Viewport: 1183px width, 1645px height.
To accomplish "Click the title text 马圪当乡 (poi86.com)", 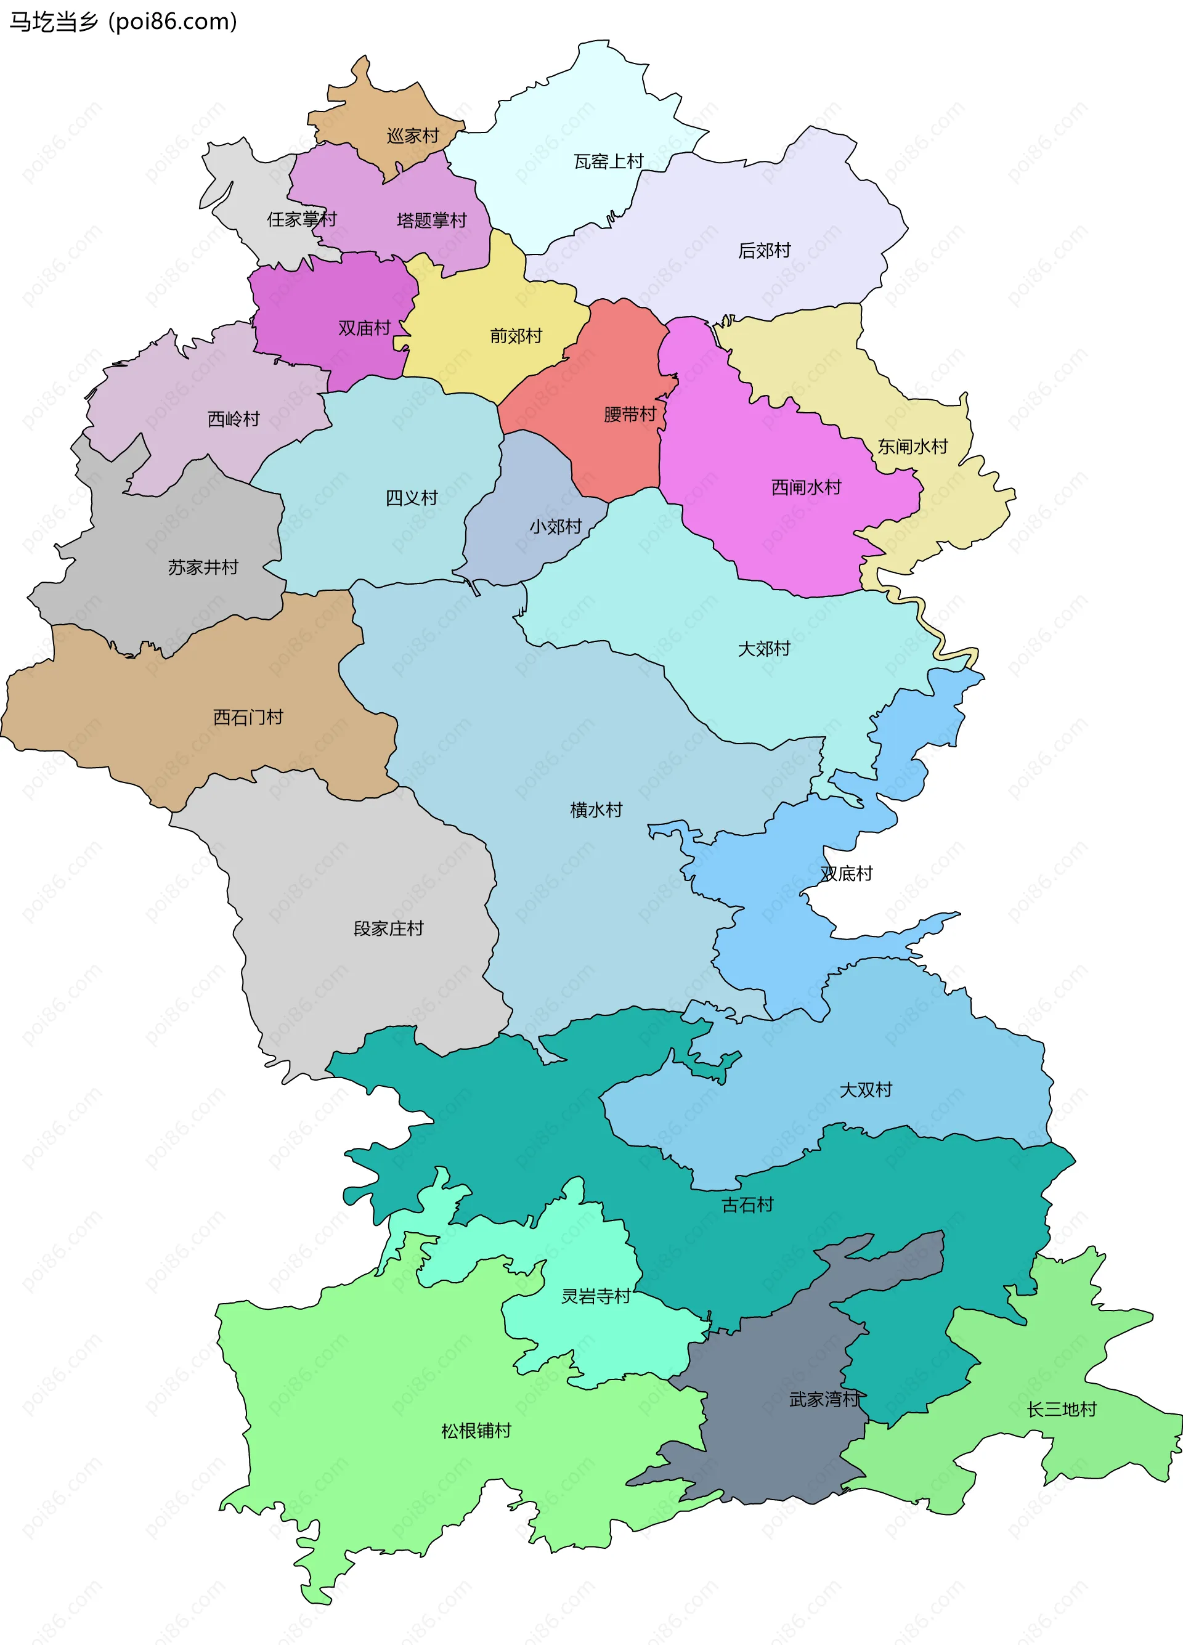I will (123, 22).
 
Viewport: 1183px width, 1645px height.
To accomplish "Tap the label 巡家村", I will (413, 136).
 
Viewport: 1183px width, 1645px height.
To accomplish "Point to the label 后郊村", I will (764, 250).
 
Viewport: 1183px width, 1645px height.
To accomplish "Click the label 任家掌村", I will (302, 219).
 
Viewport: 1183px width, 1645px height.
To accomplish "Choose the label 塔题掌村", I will (431, 220).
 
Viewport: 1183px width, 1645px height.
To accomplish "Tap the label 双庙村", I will (364, 328).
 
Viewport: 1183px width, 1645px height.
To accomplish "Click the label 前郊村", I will (516, 336).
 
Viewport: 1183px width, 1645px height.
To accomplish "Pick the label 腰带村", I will (630, 414).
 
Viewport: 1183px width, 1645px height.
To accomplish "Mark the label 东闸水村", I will (913, 446).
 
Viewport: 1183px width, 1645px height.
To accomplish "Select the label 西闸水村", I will (806, 487).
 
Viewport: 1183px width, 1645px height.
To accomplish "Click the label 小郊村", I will (555, 527).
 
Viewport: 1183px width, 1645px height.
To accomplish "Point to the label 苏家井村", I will (203, 567).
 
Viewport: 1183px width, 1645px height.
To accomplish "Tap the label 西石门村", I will (248, 717).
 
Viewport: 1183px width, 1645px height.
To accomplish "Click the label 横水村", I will (596, 810).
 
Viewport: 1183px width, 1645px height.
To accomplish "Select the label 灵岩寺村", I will (596, 1296).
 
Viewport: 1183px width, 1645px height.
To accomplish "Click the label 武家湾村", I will (824, 1399).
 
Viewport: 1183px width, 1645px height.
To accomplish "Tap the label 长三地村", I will (1061, 1409).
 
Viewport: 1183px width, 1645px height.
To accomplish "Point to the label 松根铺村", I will (476, 1431).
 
